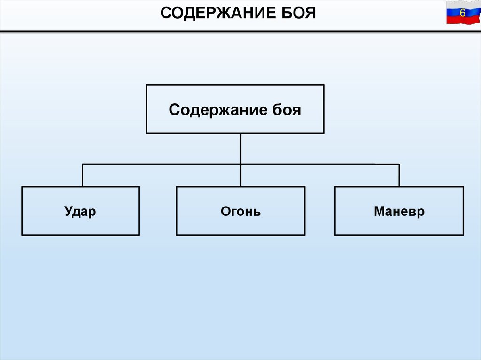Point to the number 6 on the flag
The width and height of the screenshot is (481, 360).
point(462,13)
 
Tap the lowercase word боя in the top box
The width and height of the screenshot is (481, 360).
point(287,110)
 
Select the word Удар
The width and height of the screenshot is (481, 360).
point(80,211)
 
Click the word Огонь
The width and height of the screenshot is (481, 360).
point(240,211)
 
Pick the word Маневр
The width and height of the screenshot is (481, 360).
point(399,211)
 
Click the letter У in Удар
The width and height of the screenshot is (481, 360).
point(68,211)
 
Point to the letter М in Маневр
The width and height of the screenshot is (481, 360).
point(379,211)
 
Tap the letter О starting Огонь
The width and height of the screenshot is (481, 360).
point(225,211)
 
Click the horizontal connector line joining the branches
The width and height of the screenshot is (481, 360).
point(160,164)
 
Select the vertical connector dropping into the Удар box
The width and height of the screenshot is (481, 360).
point(82,176)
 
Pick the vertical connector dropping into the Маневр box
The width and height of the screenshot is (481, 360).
point(399,176)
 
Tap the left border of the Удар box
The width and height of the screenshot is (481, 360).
point(22,211)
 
